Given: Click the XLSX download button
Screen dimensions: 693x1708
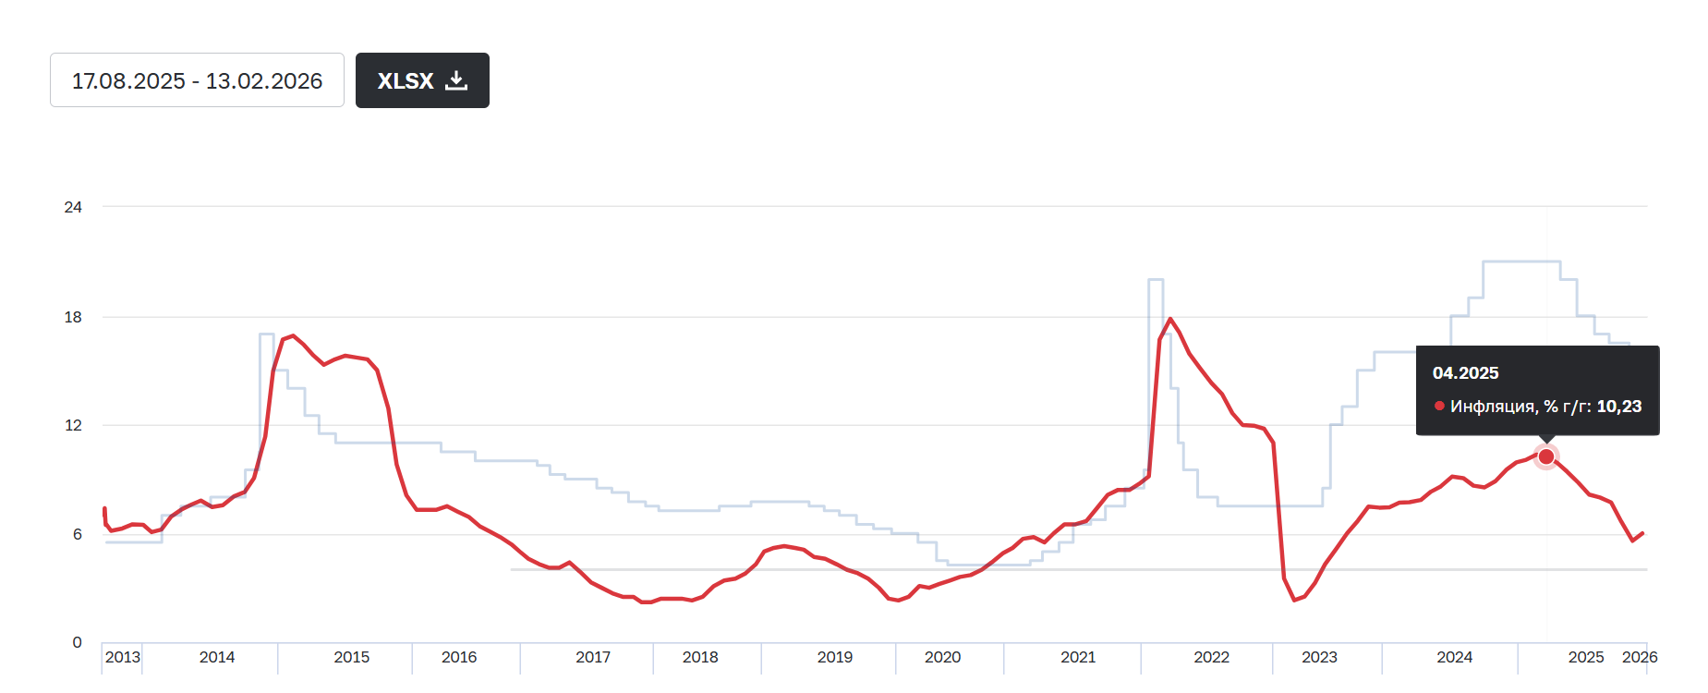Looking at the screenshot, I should point(421,80).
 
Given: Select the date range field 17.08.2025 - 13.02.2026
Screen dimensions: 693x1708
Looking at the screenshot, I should point(197,80).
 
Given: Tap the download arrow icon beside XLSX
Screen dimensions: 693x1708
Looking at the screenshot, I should point(456,80).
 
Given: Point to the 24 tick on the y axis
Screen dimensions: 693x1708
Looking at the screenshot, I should point(73,207).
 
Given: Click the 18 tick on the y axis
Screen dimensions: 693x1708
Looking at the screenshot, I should point(73,317).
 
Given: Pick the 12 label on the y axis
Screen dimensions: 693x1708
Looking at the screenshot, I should point(73,425).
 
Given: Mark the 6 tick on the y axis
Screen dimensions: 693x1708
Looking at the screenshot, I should point(78,534).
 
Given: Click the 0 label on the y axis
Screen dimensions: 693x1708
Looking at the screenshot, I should point(78,642).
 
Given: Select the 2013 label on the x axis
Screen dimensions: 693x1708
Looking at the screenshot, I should point(123,657).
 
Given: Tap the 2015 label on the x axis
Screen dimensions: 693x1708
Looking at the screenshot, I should point(351,657).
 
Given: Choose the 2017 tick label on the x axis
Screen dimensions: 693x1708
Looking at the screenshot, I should point(593,657).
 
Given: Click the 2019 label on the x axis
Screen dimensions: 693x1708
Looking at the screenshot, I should point(835,657).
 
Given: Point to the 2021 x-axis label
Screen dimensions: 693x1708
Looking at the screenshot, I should point(1078,657).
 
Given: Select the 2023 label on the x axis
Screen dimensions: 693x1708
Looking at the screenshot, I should point(1319,657).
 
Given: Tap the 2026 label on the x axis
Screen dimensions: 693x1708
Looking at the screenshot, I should point(1640,657).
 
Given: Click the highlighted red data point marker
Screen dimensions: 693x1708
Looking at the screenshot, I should point(1546,456).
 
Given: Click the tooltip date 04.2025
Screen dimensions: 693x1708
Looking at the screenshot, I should point(1465,373).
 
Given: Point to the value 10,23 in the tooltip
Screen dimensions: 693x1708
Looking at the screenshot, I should point(1619,407).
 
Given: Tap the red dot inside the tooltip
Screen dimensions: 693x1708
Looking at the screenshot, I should point(1439,406).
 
